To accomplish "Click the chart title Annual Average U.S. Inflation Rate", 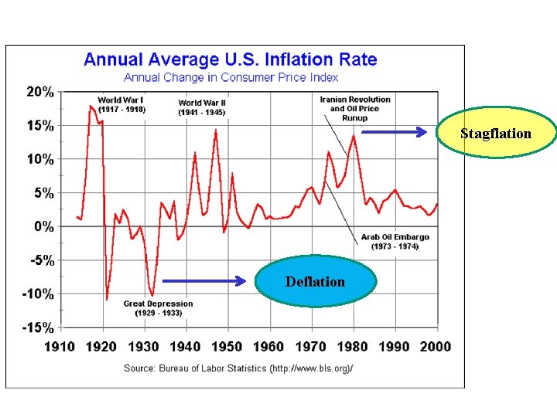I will [x=231, y=59].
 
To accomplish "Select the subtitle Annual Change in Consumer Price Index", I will [x=231, y=76].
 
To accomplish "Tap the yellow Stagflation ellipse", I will [x=496, y=133].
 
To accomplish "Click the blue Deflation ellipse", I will [x=316, y=282].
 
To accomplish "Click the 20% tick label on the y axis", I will [x=40, y=92].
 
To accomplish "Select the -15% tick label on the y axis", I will [x=38, y=327].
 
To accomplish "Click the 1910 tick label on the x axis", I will [x=59, y=346].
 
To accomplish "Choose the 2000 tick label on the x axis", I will [x=435, y=346].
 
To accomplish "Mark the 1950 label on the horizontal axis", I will [x=226, y=346].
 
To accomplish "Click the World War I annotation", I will [x=121, y=105].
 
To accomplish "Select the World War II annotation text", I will [x=202, y=107].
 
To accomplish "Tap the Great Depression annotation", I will [x=158, y=308].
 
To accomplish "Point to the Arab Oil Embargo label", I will [x=395, y=242].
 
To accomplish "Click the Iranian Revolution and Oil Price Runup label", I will [x=355, y=108].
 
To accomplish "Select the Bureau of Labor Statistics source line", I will [x=238, y=368].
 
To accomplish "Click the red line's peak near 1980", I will [x=354, y=136].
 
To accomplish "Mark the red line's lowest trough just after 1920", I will [x=107, y=299].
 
